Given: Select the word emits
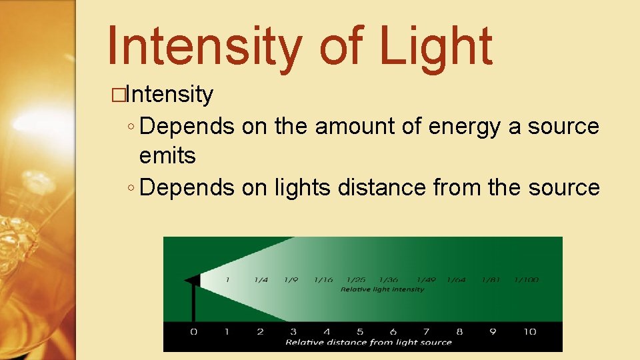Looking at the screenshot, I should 167,156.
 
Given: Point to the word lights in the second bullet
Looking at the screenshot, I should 302,188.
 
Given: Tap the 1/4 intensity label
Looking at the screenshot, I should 261,280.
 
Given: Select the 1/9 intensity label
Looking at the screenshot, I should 291,280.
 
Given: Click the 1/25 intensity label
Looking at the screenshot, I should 357,280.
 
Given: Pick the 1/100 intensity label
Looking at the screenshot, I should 527,280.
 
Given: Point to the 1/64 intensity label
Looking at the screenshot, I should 457,280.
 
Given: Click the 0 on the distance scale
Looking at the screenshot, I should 194,331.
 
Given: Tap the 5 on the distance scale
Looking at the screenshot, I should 360,331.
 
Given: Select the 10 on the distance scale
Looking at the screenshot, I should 529,331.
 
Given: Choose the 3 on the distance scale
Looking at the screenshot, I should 293,331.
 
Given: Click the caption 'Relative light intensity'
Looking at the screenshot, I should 382,289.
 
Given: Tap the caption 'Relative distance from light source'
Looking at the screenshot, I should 369,343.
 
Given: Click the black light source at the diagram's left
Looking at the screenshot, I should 193,281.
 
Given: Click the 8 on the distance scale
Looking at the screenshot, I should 459,331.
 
